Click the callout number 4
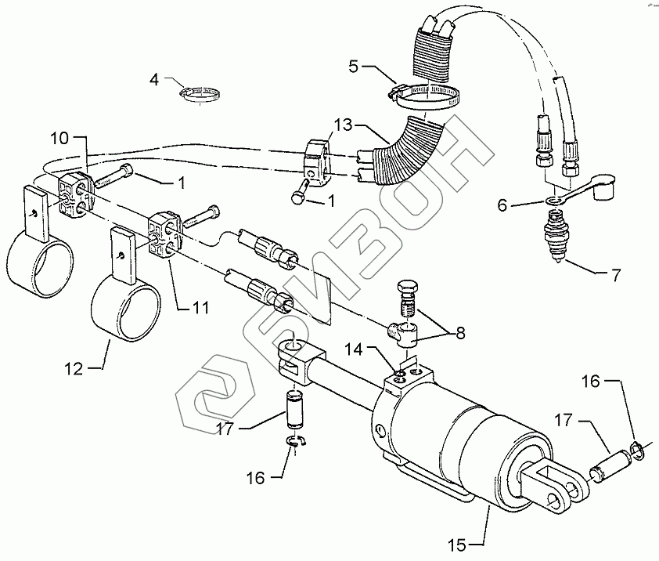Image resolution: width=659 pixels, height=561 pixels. pos(154,79)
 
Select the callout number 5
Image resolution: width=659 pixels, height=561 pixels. pos(355,66)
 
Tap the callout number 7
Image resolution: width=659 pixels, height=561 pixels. pos(615,275)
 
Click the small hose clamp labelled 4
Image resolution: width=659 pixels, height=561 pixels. pos(196,95)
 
